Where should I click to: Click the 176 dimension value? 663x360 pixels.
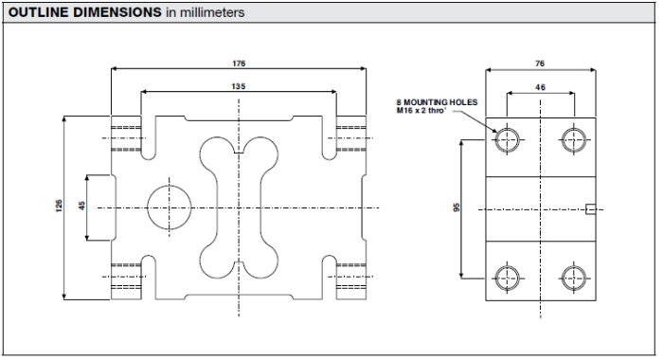[239, 63]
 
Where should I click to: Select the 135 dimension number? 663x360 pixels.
[239, 86]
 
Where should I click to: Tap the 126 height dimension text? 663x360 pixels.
[59, 206]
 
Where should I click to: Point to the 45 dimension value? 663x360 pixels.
[82, 206]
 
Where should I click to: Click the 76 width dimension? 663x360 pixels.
[540, 63]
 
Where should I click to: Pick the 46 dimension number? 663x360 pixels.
[541, 87]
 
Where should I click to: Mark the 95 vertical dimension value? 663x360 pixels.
[457, 207]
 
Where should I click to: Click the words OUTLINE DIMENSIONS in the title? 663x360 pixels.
[85, 12]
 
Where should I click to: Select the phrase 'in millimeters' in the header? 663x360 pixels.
[206, 12]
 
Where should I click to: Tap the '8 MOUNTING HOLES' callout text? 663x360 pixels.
[437, 102]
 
